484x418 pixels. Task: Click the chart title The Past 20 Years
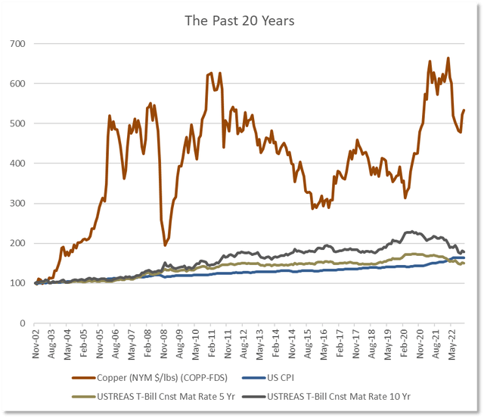(x=240, y=20)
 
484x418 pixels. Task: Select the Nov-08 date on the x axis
(x=166, y=343)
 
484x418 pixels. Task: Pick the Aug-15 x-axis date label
(x=310, y=343)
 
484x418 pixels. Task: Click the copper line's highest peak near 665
(x=448, y=58)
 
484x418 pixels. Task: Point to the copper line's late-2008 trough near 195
(x=166, y=245)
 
